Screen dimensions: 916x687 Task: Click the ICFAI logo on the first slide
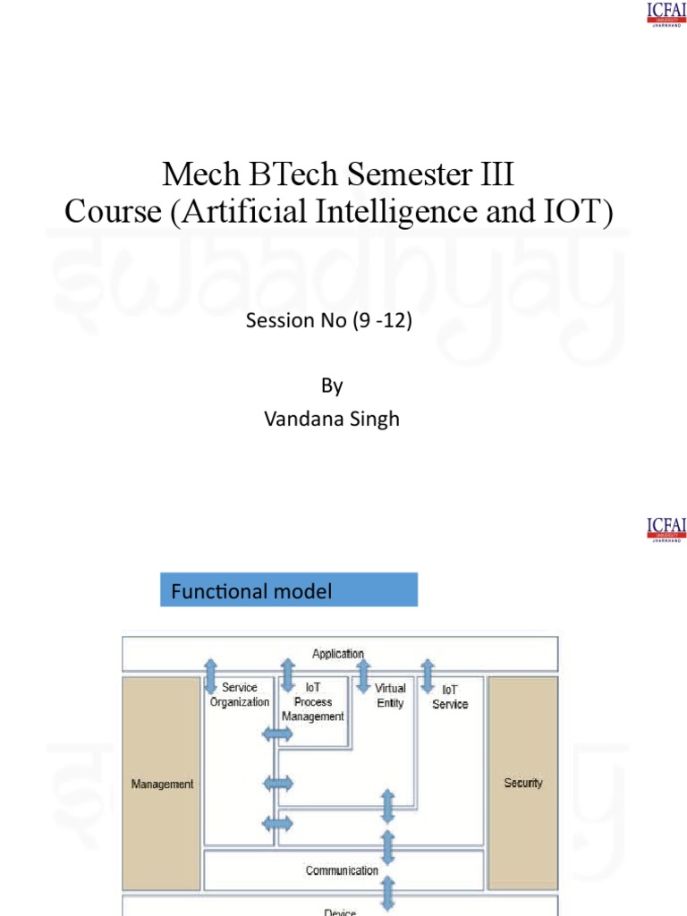(x=666, y=14)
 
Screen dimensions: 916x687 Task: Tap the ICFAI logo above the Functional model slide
(x=666, y=529)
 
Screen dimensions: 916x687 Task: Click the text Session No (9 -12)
(x=328, y=320)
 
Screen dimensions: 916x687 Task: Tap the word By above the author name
(x=332, y=386)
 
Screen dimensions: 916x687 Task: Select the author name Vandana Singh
(x=332, y=419)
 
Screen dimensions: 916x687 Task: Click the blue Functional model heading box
(x=289, y=590)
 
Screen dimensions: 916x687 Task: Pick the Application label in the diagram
(x=338, y=654)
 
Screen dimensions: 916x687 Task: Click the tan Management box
(x=162, y=785)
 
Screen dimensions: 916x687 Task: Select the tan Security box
(x=523, y=783)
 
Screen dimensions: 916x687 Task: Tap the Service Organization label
(x=240, y=695)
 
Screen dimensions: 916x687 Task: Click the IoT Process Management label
(x=313, y=702)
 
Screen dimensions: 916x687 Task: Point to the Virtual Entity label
(x=390, y=695)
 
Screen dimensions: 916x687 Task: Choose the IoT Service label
(x=450, y=697)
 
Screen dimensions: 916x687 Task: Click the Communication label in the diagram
(x=342, y=870)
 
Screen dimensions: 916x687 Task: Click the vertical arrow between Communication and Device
(x=388, y=893)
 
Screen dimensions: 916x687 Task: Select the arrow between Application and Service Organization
(x=210, y=676)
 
